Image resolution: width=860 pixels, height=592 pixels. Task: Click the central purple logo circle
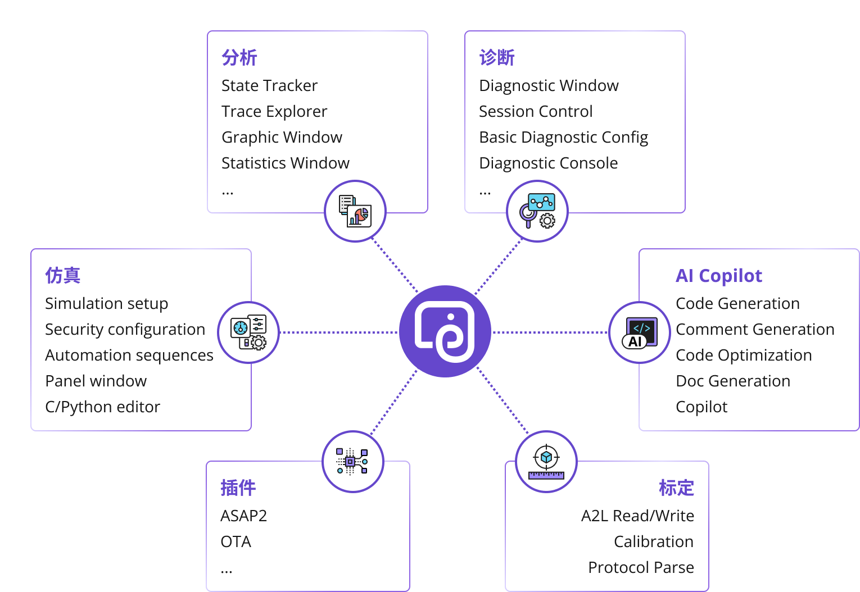(445, 331)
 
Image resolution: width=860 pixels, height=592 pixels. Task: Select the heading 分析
(239, 57)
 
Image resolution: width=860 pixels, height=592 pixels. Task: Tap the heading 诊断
(497, 57)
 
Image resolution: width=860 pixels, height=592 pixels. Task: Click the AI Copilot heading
(719, 275)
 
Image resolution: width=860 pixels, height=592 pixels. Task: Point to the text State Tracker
(269, 85)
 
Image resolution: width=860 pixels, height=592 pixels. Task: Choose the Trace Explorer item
(274, 112)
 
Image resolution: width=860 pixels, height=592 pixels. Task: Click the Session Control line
(536, 112)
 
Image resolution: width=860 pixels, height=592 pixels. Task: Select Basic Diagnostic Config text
(564, 138)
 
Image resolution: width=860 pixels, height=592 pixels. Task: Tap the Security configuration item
(125, 330)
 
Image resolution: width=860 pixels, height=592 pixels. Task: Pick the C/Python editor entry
(102, 407)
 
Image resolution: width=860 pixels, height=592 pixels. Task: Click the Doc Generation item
(733, 381)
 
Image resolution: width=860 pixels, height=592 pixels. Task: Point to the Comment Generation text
(755, 329)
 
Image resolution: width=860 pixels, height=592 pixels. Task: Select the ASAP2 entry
(243, 516)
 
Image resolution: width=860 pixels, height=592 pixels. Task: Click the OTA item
(236, 542)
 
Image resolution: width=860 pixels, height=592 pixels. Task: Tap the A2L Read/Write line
(638, 516)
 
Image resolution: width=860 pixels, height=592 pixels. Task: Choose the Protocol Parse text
(641, 567)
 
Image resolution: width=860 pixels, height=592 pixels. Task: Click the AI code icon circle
(639, 333)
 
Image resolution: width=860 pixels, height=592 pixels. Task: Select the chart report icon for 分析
(355, 211)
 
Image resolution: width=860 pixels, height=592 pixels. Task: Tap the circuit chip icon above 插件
(352, 462)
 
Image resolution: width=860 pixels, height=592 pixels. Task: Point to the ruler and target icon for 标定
(546, 462)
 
